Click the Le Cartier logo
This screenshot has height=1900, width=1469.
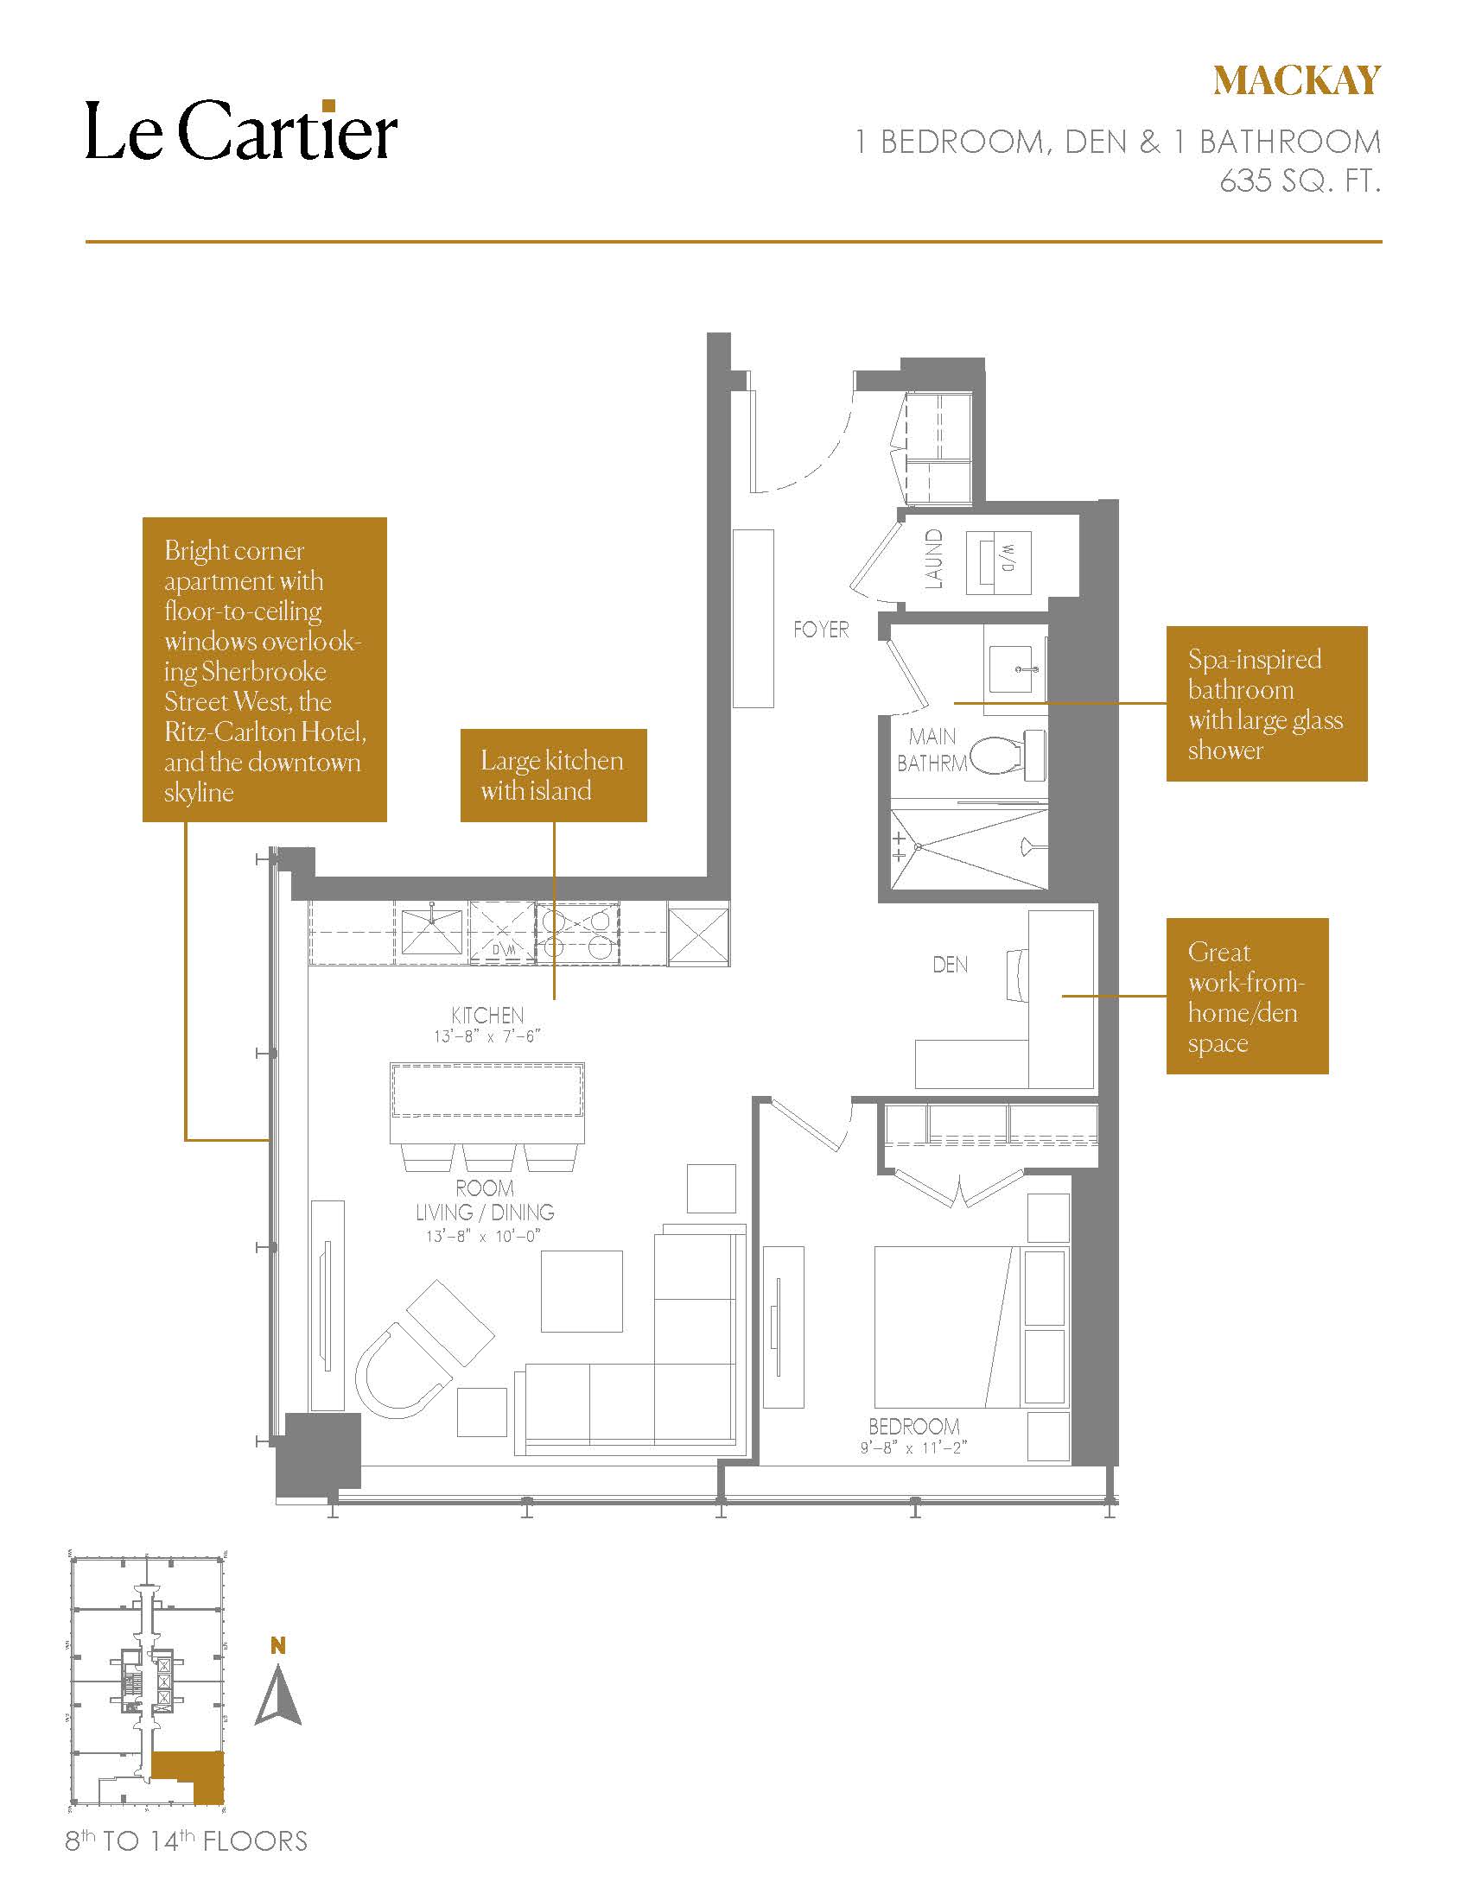[x=241, y=130]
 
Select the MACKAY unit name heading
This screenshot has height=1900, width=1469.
[x=1297, y=81]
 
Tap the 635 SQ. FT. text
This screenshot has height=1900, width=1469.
[x=1300, y=180]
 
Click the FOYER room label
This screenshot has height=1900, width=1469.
[x=821, y=629]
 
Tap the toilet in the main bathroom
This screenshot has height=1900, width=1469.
[x=1008, y=754]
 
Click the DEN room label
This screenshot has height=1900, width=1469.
[x=950, y=964]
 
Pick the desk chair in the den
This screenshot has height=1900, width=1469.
[x=1018, y=975]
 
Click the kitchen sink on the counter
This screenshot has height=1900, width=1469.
[x=432, y=933]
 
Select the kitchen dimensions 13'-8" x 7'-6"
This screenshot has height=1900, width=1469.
[x=487, y=1036]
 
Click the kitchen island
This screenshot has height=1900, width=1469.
[x=486, y=1102]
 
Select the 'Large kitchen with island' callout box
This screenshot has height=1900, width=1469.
[x=554, y=776]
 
